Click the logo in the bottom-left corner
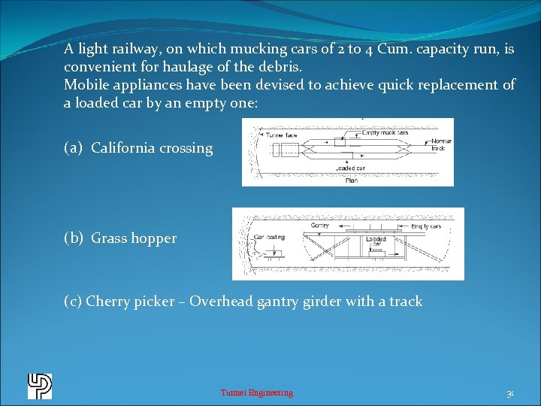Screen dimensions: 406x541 (39, 386)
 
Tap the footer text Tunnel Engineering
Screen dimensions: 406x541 (257, 392)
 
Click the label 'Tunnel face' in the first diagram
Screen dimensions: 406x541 (280, 135)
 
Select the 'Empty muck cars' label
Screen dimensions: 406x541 (385, 132)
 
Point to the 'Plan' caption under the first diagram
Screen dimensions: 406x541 (351, 180)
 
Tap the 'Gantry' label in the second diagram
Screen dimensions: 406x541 (319, 225)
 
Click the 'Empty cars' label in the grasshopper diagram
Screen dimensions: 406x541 (426, 226)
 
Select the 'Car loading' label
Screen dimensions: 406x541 (268, 236)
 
